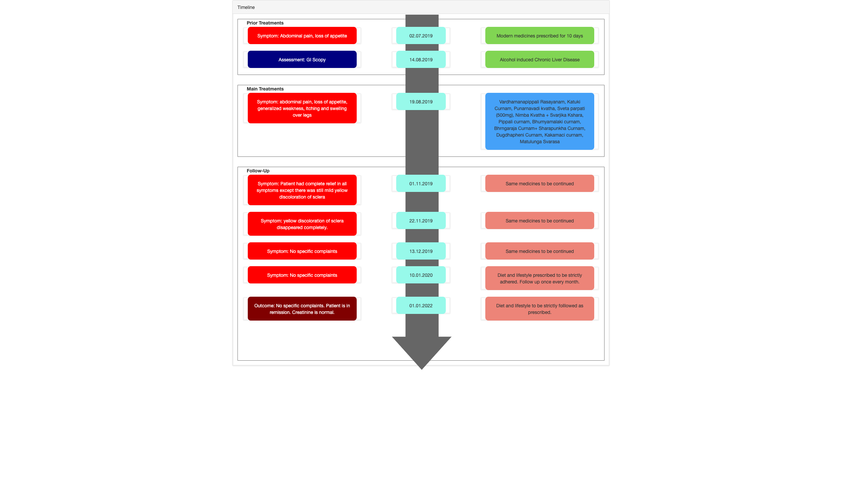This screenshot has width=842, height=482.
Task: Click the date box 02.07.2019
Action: click(x=421, y=35)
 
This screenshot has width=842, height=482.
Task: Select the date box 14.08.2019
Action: click(x=421, y=59)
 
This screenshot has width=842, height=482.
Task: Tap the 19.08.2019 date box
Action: click(x=421, y=101)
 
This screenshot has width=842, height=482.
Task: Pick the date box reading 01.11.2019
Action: click(x=421, y=183)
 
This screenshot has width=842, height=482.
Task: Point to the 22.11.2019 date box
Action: click(x=421, y=220)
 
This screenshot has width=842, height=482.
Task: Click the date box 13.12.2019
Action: click(x=421, y=251)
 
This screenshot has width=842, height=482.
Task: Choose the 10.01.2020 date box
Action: click(x=421, y=275)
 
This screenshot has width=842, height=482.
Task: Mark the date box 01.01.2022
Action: click(x=421, y=305)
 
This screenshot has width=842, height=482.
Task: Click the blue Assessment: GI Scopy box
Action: click(x=302, y=59)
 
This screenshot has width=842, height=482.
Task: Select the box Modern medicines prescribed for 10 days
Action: click(x=540, y=35)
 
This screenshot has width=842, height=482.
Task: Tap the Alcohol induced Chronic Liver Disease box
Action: click(x=540, y=59)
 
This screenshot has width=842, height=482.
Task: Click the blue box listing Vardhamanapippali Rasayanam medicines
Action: click(x=540, y=121)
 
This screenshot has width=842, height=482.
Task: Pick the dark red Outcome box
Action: click(x=302, y=309)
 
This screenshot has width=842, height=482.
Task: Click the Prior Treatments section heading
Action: click(x=265, y=23)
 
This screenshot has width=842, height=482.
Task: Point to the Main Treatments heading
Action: click(x=265, y=89)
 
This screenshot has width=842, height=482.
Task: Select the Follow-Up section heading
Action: click(x=258, y=171)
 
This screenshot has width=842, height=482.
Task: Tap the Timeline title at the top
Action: click(x=246, y=7)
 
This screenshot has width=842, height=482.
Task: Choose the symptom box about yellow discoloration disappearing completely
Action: click(x=302, y=224)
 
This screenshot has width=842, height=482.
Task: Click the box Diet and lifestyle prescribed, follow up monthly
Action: click(x=540, y=278)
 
